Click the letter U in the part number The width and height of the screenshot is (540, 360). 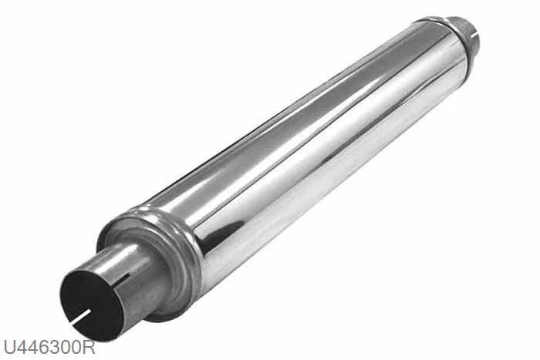click(x=9, y=347)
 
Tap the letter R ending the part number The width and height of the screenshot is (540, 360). click(x=89, y=347)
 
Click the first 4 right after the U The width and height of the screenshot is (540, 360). click(x=22, y=347)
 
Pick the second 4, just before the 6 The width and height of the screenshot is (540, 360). click(x=33, y=347)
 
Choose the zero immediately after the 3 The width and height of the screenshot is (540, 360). click(x=66, y=347)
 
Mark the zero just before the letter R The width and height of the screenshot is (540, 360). click(x=77, y=347)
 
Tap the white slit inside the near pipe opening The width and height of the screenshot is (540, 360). click(x=81, y=316)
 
